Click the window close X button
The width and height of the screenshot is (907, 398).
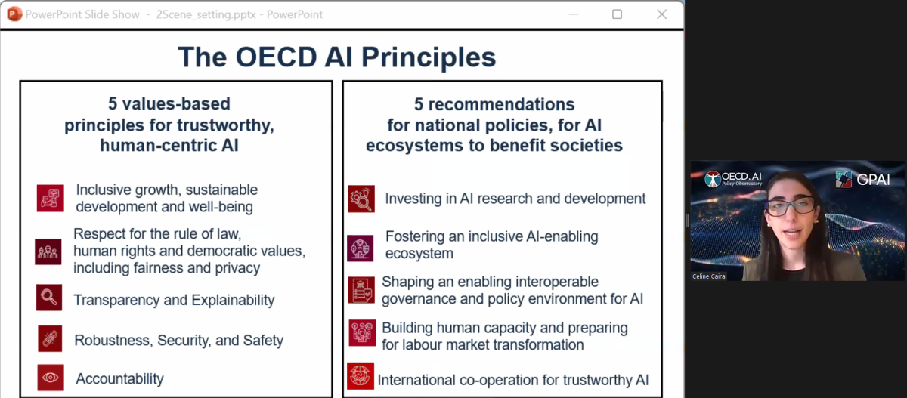(661, 14)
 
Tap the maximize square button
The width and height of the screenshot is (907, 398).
(617, 14)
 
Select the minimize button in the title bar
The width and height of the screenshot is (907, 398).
(574, 14)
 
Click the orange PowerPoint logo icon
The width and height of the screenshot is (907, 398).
(14, 14)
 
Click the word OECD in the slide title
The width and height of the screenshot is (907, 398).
(276, 57)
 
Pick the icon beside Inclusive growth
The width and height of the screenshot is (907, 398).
(50, 198)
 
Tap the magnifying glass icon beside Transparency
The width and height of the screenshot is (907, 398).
(49, 298)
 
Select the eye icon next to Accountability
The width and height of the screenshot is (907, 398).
(51, 378)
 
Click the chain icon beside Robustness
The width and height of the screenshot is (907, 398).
(50, 338)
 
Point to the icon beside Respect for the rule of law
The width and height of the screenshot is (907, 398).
(48, 251)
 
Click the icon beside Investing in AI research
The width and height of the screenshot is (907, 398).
(361, 199)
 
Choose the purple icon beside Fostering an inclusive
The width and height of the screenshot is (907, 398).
(361, 248)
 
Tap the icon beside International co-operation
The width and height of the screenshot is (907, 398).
(361, 376)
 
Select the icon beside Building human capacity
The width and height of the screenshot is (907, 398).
(362, 333)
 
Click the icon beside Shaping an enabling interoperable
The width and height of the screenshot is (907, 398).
(361, 290)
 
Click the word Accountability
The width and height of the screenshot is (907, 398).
(120, 379)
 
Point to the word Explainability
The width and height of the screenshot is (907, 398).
(233, 300)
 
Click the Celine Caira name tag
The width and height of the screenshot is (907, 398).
(709, 276)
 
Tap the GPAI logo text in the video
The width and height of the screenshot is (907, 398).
(873, 180)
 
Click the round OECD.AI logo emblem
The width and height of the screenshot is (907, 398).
(713, 179)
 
